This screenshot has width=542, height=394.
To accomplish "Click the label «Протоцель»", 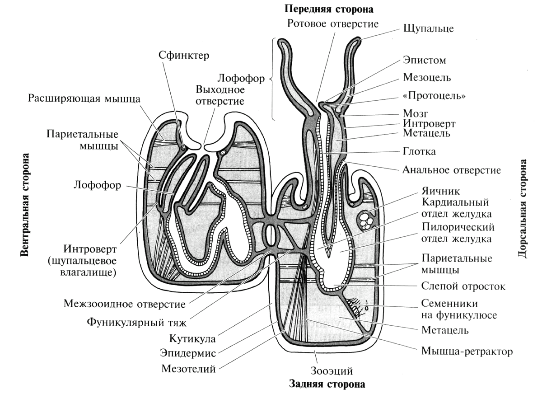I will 434,96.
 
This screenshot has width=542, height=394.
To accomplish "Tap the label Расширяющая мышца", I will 84,98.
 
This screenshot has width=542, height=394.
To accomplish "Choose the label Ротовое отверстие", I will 333,23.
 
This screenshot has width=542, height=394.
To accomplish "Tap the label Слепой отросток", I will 463,286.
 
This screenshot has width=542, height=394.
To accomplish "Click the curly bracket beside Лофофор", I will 272,80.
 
